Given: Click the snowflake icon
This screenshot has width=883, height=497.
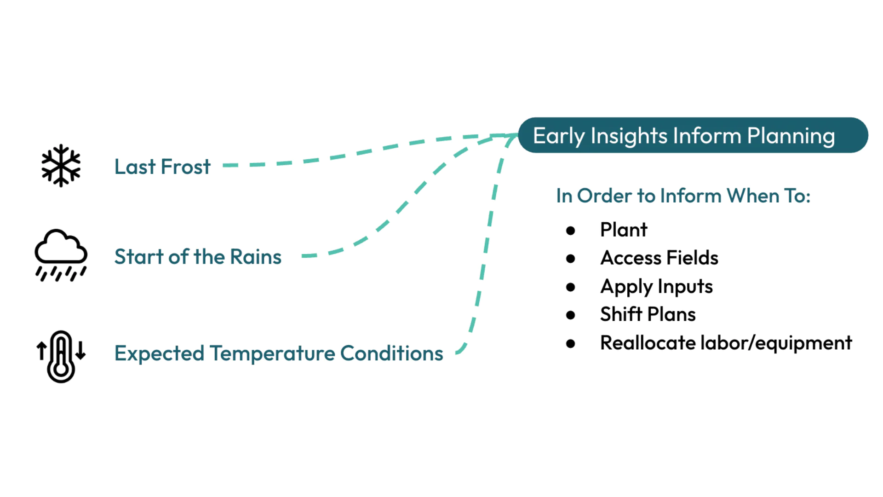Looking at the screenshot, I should click(x=61, y=166).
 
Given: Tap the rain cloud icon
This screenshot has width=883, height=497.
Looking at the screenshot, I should click(x=61, y=254).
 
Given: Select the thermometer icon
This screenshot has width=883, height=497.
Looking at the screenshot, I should click(x=61, y=356).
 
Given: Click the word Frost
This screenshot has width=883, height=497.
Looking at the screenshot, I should click(x=185, y=167).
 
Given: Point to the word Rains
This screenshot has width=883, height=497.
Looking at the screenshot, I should click(x=255, y=257).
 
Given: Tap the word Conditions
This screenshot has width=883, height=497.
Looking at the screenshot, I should click(x=391, y=353).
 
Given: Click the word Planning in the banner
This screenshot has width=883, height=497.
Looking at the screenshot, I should click(x=791, y=136).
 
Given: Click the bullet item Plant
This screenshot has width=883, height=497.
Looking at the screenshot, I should click(x=623, y=230).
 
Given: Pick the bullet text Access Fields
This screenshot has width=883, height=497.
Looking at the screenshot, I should click(x=659, y=258).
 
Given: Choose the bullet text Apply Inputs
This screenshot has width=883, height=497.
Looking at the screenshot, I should click(x=656, y=287).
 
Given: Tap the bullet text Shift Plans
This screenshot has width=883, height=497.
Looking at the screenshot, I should click(x=648, y=314).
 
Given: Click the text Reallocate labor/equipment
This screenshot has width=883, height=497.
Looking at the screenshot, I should click(x=726, y=343).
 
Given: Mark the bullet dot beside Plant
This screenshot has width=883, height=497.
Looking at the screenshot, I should click(x=571, y=231).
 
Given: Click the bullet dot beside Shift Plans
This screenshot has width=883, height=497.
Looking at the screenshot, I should click(x=571, y=315).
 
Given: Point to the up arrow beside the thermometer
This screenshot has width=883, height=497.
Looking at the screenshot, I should click(x=41, y=351).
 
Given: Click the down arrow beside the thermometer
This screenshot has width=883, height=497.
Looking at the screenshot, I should click(x=80, y=351).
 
